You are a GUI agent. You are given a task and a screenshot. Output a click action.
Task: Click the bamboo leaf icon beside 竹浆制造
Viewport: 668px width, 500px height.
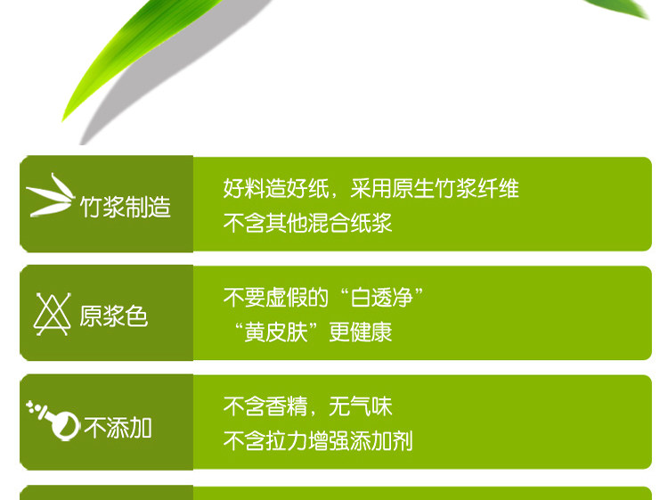tap(50, 195)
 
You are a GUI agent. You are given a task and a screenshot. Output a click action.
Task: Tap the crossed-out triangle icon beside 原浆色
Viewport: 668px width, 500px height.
tap(52, 314)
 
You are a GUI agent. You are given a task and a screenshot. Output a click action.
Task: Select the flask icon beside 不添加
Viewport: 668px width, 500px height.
tap(53, 420)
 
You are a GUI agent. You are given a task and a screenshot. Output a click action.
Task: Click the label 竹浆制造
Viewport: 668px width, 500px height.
tap(126, 207)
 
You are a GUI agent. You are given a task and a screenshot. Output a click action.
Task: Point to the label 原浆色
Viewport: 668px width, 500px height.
tap(113, 316)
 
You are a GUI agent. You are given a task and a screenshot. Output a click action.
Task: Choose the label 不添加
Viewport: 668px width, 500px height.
tap(118, 428)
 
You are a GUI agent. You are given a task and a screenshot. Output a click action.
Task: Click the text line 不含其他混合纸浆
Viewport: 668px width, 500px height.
tap(307, 223)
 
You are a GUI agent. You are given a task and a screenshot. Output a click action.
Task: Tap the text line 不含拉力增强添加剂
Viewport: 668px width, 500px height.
tap(318, 441)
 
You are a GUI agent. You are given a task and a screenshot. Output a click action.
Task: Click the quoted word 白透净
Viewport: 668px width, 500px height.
tap(381, 298)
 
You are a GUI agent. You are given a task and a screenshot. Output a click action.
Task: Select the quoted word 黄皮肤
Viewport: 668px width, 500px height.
tap(275, 332)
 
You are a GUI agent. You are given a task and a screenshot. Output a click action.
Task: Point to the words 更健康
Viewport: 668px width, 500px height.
tap(361, 332)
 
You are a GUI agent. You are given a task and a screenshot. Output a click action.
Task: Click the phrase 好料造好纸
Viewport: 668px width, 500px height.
tap(275, 188)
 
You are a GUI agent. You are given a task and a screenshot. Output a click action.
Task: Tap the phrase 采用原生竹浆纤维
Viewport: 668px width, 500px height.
tap(435, 188)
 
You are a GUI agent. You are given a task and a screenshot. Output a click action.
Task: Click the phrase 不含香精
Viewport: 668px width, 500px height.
tap(265, 406)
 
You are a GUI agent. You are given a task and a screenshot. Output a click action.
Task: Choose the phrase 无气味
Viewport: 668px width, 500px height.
tap(361, 406)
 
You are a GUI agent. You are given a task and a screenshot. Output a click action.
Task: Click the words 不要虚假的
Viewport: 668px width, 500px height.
tap(275, 298)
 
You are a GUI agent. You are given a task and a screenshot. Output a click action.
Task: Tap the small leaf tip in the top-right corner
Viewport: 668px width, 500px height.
tap(618, 9)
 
